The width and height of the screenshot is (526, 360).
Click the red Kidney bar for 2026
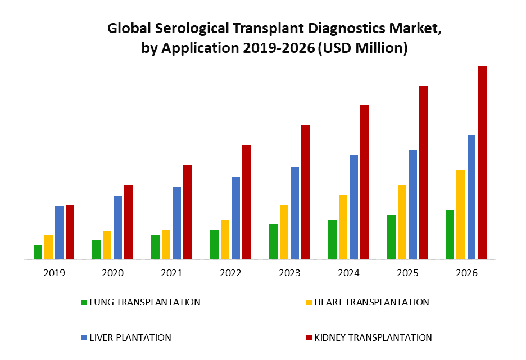[x=482, y=163]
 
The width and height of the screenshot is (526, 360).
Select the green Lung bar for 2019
[x=38, y=252]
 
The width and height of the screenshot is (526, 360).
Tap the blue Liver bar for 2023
[x=294, y=213]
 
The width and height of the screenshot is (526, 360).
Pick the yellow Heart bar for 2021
[x=166, y=244]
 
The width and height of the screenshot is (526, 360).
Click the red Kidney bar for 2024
[x=364, y=182]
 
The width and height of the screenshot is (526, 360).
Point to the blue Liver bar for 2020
[x=117, y=228]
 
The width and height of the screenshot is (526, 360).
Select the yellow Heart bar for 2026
[x=460, y=214]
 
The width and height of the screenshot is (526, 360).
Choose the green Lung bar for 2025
[x=391, y=237]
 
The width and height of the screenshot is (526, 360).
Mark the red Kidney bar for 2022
[x=246, y=202]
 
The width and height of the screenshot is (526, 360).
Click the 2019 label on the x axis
[x=54, y=273]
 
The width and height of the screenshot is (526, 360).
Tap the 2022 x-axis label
[x=230, y=273]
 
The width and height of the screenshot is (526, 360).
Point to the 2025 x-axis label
[x=407, y=273]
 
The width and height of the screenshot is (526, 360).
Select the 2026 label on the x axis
[x=466, y=273]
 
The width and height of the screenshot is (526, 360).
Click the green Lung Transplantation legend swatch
[x=84, y=303]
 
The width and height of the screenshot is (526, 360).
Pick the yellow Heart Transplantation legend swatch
[x=309, y=303]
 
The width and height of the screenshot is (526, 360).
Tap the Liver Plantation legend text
[x=130, y=337]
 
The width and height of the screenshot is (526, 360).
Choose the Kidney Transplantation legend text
[x=373, y=337]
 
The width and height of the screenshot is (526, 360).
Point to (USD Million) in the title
[x=362, y=48]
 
